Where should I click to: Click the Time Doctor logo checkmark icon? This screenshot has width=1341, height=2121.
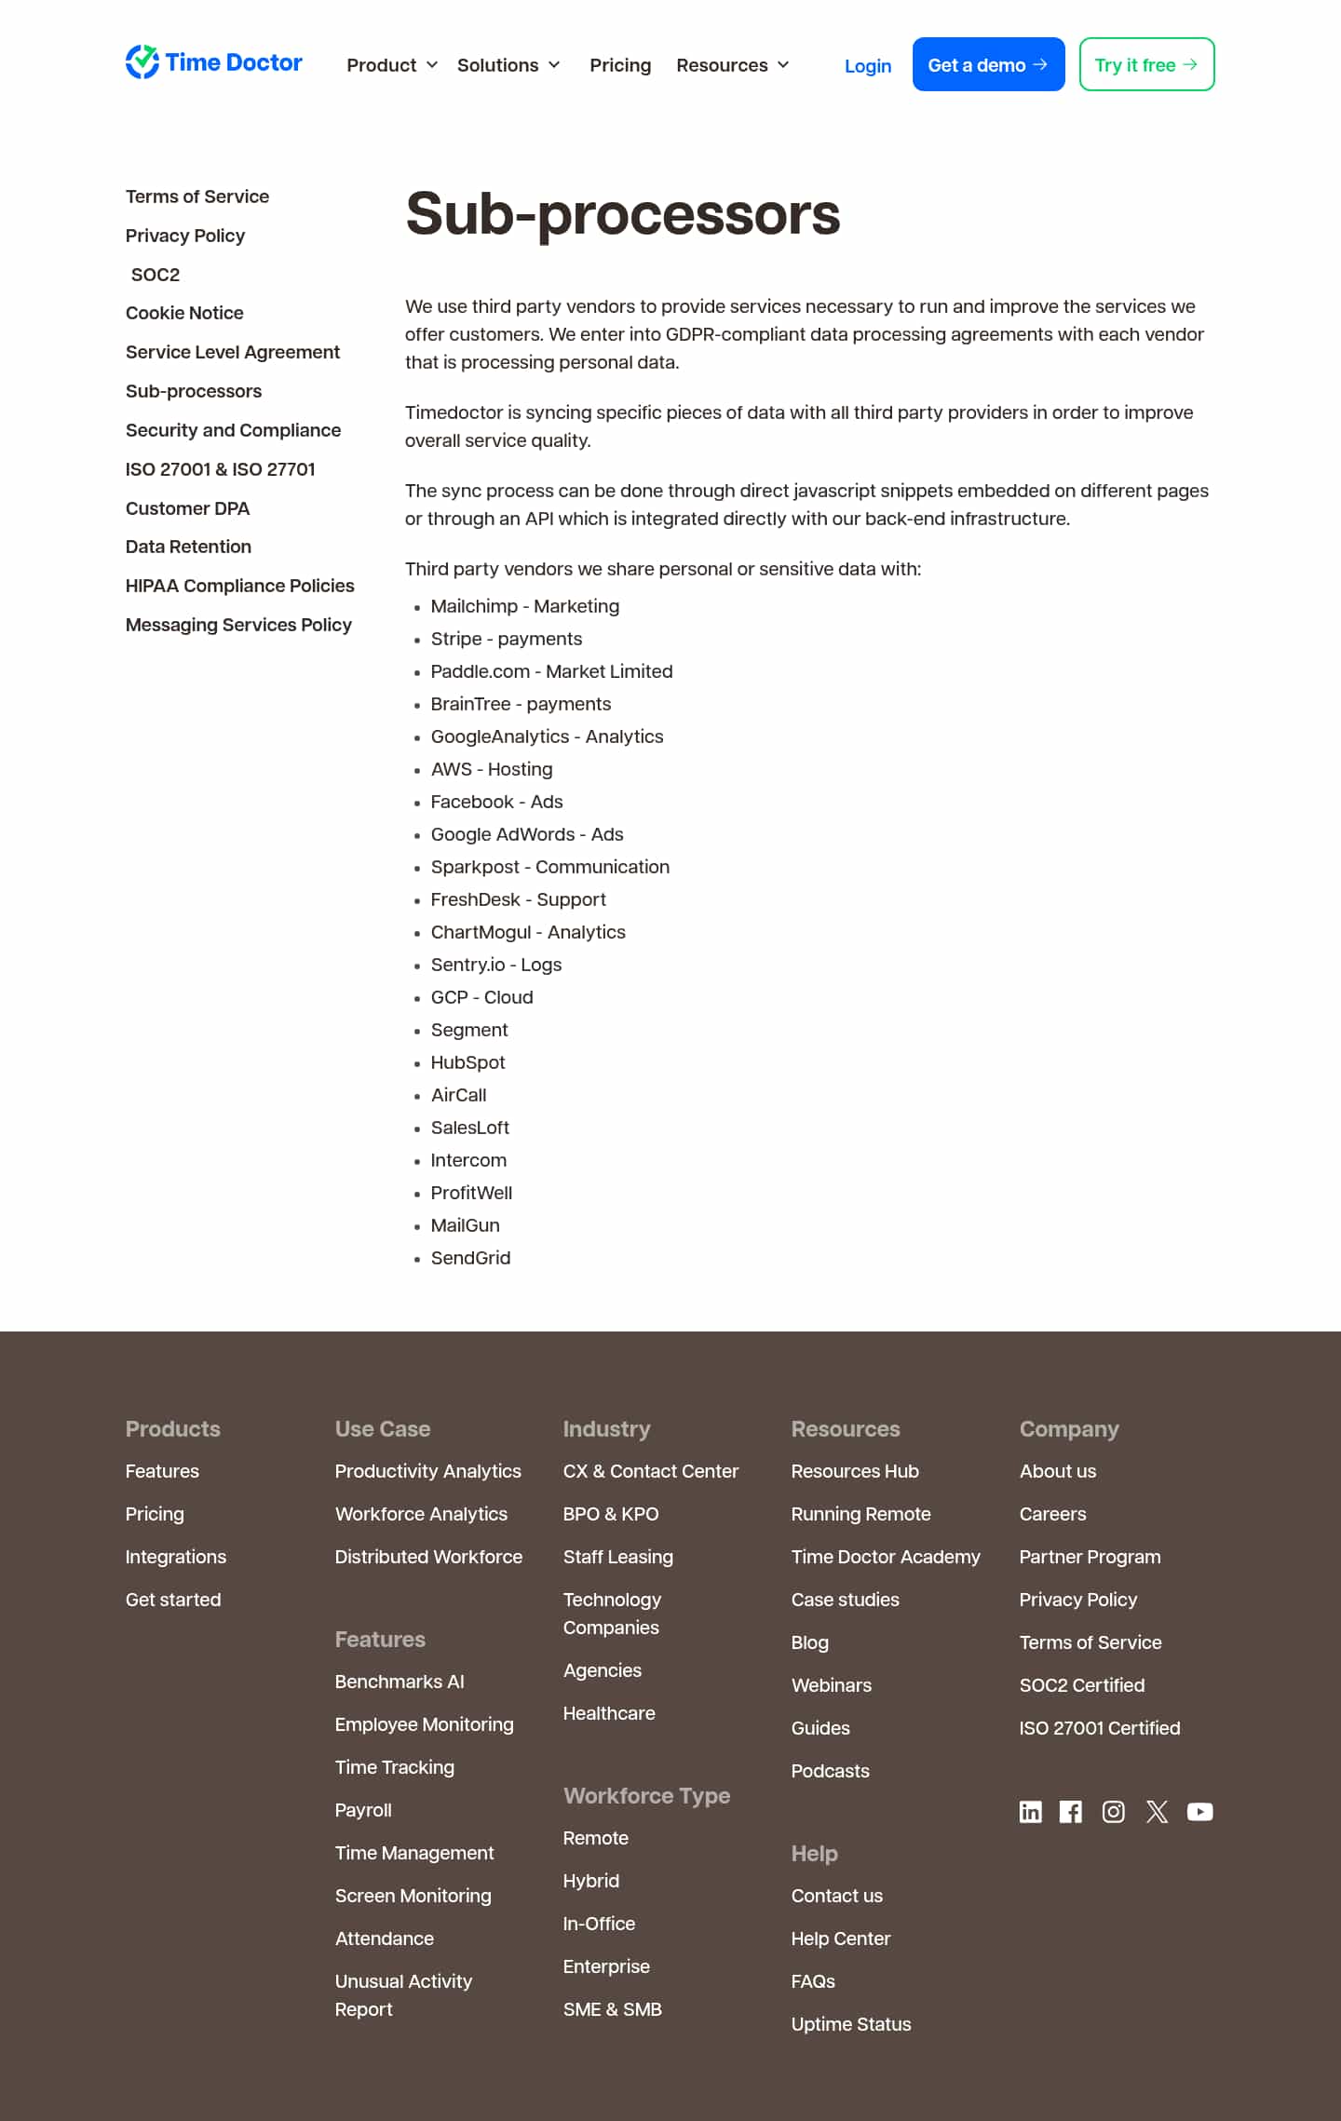(142, 62)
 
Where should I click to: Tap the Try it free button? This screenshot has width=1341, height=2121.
(1145, 65)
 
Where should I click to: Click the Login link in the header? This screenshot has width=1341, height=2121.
(867, 66)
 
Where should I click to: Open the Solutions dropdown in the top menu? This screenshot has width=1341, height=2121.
(508, 65)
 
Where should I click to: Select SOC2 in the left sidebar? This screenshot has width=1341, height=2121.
(156, 275)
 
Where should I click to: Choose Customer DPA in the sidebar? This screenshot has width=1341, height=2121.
(187, 508)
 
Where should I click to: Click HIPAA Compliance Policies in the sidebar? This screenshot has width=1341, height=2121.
(239, 586)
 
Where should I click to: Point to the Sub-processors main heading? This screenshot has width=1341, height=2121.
(622, 214)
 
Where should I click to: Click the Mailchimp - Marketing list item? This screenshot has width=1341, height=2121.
(524, 606)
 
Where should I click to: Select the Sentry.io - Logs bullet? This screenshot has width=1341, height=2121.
(495, 965)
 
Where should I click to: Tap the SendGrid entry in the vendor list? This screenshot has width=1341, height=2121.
(470, 1258)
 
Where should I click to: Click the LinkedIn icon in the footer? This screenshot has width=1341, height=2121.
(1030, 1811)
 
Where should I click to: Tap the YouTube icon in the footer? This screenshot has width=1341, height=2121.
(1199, 1811)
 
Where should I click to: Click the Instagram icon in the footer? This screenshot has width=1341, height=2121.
(1113, 1811)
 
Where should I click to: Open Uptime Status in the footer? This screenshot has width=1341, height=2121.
(850, 2024)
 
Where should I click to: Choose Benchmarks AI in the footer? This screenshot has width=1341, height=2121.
(399, 1682)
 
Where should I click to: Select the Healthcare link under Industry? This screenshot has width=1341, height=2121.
(608, 1713)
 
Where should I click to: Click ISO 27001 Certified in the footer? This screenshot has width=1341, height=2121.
(1099, 1728)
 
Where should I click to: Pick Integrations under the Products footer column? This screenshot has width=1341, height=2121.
(175, 1557)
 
